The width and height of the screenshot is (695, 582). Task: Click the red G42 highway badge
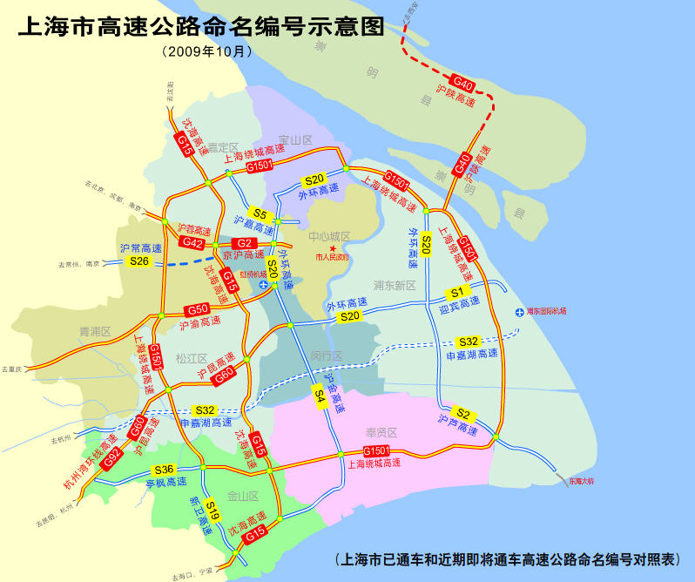click(x=193, y=244)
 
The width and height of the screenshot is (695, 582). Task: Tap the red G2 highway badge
click(x=245, y=243)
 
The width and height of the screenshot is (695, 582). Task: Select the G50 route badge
click(x=198, y=309)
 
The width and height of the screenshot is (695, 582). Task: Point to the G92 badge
click(x=111, y=460)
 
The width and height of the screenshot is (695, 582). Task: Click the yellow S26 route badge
click(x=139, y=261)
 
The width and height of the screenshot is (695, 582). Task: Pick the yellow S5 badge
click(x=260, y=213)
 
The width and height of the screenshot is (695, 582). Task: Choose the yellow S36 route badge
click(x=165, y=470)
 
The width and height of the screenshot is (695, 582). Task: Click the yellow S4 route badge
click(x=320, y=397)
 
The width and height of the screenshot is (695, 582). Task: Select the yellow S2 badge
click(x=463, y=413)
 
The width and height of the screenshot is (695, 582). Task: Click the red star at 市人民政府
click(x=332, y=249)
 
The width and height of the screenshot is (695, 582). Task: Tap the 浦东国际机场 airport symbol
click(x=520, y=311)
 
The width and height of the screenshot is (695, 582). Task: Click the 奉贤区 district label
click(x=381, y=432)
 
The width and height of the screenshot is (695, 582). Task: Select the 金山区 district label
click(x=242, y=495)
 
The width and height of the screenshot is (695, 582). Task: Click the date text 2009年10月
click(x=207, y=51)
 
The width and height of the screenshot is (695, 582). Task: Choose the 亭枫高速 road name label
click(x=165, y=482)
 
